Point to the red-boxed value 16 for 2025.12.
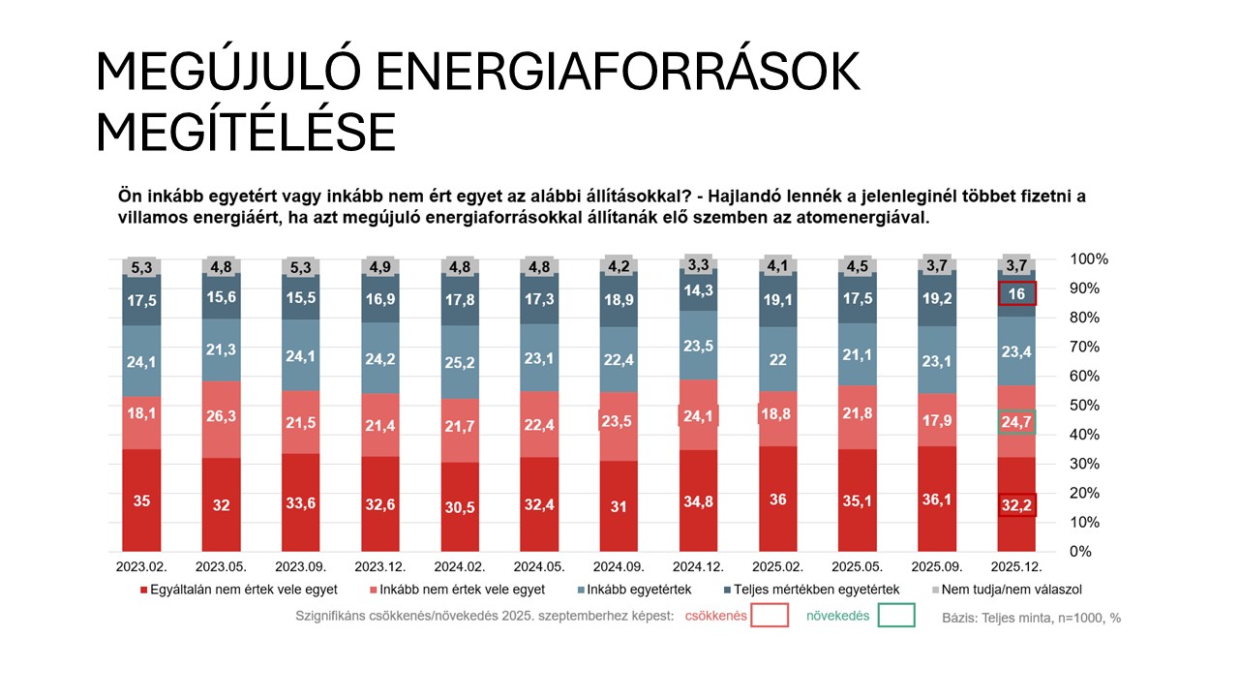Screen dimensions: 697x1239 [1017, 293]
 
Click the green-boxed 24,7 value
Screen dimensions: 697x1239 [1017, 422]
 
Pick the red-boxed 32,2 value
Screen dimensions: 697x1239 [1017, 504]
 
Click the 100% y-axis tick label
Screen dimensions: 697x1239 [1088, 258]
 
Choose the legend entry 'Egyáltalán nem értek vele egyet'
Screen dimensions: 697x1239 [238, 590]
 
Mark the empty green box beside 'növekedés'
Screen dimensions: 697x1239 [896, 615]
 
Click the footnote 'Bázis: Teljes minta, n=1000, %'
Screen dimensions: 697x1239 [1032, 617]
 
